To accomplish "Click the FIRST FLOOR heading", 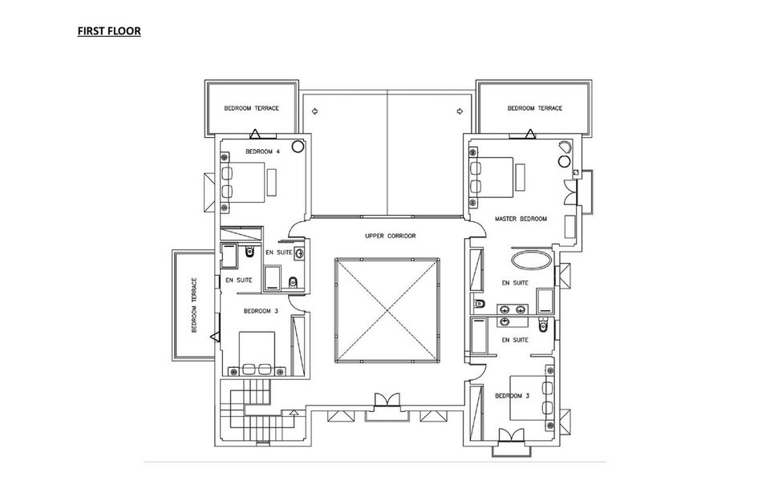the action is (x=109, y=31).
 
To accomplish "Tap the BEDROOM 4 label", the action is (x=262, y=152).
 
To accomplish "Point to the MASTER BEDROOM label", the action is (x=521, y=219).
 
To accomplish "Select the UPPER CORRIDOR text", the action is (x=390, y=236).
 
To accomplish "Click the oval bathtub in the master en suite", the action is (x=531, y=261).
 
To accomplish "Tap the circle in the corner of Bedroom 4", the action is (x=298, y=145).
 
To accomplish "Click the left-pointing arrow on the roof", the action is (x=314, y=111).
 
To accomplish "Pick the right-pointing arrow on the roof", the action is (x=460, y=111).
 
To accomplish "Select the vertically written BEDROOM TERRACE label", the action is (x=194, y=305).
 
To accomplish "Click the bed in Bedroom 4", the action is (x=243, y=182).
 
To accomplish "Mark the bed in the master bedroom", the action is (x=491, y=177).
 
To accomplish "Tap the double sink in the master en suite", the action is (x=513, y=309).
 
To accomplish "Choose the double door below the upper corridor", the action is (x=387, y=401).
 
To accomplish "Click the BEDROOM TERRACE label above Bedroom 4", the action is (x=251, y=108).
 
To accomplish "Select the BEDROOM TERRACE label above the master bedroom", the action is (x=535, y=108).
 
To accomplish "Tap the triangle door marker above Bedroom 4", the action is (x=256, y=134).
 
